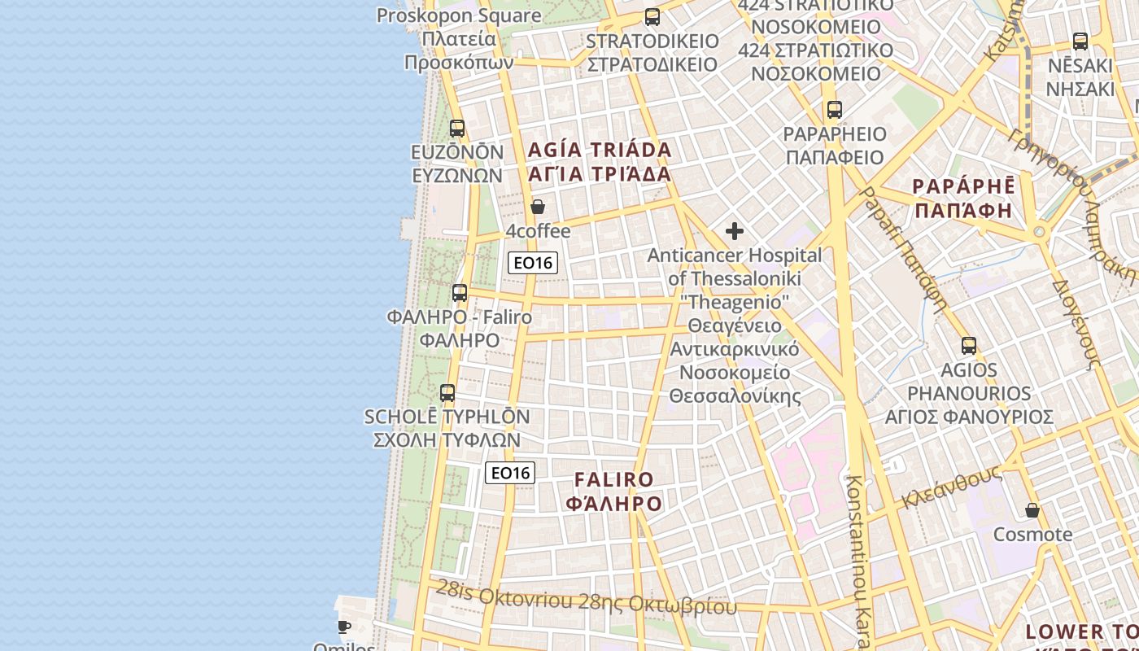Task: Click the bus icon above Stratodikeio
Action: (652, 17)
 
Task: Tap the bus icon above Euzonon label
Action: (457, 129)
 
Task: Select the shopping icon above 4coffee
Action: (537, 207)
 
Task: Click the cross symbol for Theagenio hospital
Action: (734, 231)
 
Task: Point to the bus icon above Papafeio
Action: (834, 110)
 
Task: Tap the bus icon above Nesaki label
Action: (1080, 42)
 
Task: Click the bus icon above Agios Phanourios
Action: (968, 346)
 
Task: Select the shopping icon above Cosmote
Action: (1032, 511)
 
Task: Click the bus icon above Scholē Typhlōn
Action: (447, 393)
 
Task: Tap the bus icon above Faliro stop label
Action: (460, 293)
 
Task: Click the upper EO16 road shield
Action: (533, 262)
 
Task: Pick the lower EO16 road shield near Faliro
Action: (510, 472)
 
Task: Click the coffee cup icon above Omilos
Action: (344, 627)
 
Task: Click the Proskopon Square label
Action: (459, 15)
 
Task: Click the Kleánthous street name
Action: (951, 487)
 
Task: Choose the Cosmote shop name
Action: (1032, 535)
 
